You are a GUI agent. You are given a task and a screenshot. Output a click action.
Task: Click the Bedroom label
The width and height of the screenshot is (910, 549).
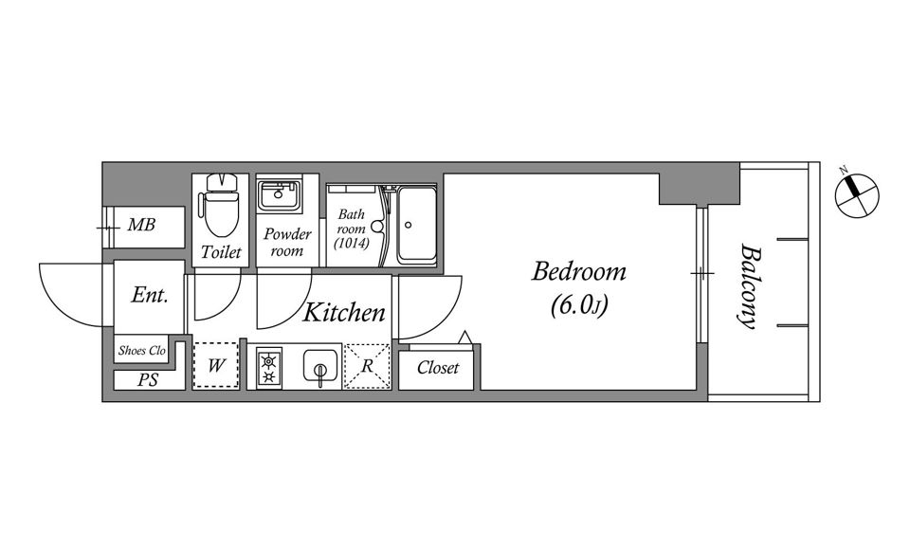tap(578, 271)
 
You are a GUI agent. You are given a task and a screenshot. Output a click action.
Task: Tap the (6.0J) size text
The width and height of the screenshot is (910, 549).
tap(578, 304)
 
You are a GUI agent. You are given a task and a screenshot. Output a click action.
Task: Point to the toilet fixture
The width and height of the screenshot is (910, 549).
tap(221, 205)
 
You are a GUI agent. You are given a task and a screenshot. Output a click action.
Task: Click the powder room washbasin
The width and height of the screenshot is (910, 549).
tap(280, 195)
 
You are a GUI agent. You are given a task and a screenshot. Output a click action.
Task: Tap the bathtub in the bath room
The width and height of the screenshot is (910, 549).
tap(416, 224)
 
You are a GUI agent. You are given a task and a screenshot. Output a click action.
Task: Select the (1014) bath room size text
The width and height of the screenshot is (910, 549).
tap(351, 243)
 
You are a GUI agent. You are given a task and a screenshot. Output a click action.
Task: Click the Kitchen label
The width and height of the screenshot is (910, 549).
tap(343, 313)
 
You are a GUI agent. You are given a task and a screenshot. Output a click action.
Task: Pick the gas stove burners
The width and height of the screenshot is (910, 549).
tap(268, 368)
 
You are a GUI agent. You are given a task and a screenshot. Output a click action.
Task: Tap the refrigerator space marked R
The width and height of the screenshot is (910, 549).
tap(367, 366)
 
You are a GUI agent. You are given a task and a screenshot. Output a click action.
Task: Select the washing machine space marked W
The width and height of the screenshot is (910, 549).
tap(216, 365)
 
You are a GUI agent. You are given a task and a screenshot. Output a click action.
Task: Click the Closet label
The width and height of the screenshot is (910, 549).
tap(438, 367)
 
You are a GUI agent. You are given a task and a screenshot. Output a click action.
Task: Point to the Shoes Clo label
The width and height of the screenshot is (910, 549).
tap(142, 350)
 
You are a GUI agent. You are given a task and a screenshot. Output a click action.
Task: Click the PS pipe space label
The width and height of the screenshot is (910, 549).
tap(148, 380)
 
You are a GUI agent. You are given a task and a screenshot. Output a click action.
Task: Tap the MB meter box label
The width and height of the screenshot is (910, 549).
tap(141, 225)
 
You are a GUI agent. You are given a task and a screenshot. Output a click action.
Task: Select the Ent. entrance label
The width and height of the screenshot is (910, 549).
tap(149, 295)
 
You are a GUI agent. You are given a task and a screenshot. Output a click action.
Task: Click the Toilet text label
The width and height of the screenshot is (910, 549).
tap(221, 252)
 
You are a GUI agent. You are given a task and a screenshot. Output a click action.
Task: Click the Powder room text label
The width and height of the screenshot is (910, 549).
tap(286, 242)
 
